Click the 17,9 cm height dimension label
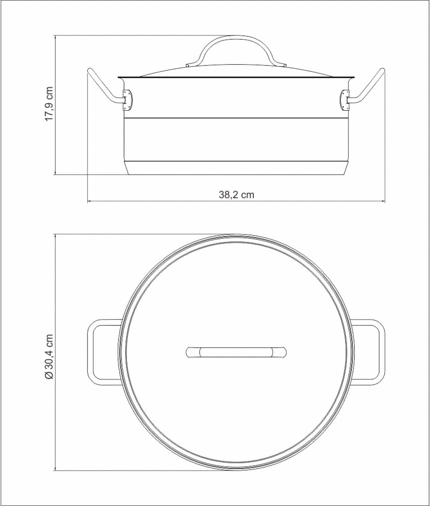pos(49,104)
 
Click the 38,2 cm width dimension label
pos(236,195)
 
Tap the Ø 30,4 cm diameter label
pos(49,357)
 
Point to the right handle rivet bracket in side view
pos(345,100)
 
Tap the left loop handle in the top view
pos(93,352)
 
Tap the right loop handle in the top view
pos(380,352)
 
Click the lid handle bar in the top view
pos(236,352)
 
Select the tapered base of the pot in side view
pos(236,168)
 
